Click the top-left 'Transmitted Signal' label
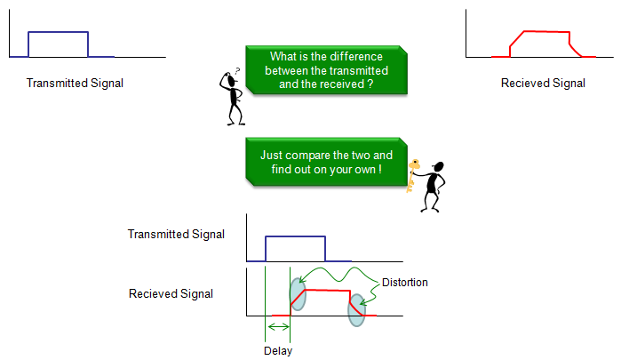pos(75,84)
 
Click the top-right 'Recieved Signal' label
pos(543,84)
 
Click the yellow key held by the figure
pos(413,173)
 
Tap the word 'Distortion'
pos(404,283)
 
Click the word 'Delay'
pos(278,350)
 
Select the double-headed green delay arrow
pos(278,327)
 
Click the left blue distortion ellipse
pos(298,294)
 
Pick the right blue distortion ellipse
pos(356,308)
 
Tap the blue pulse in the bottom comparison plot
pos(297,237)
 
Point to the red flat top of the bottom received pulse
pos(326,290)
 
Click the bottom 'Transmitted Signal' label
pos(176,235)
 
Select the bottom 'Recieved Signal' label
pos(171,293)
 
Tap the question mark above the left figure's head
pos(236,72)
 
